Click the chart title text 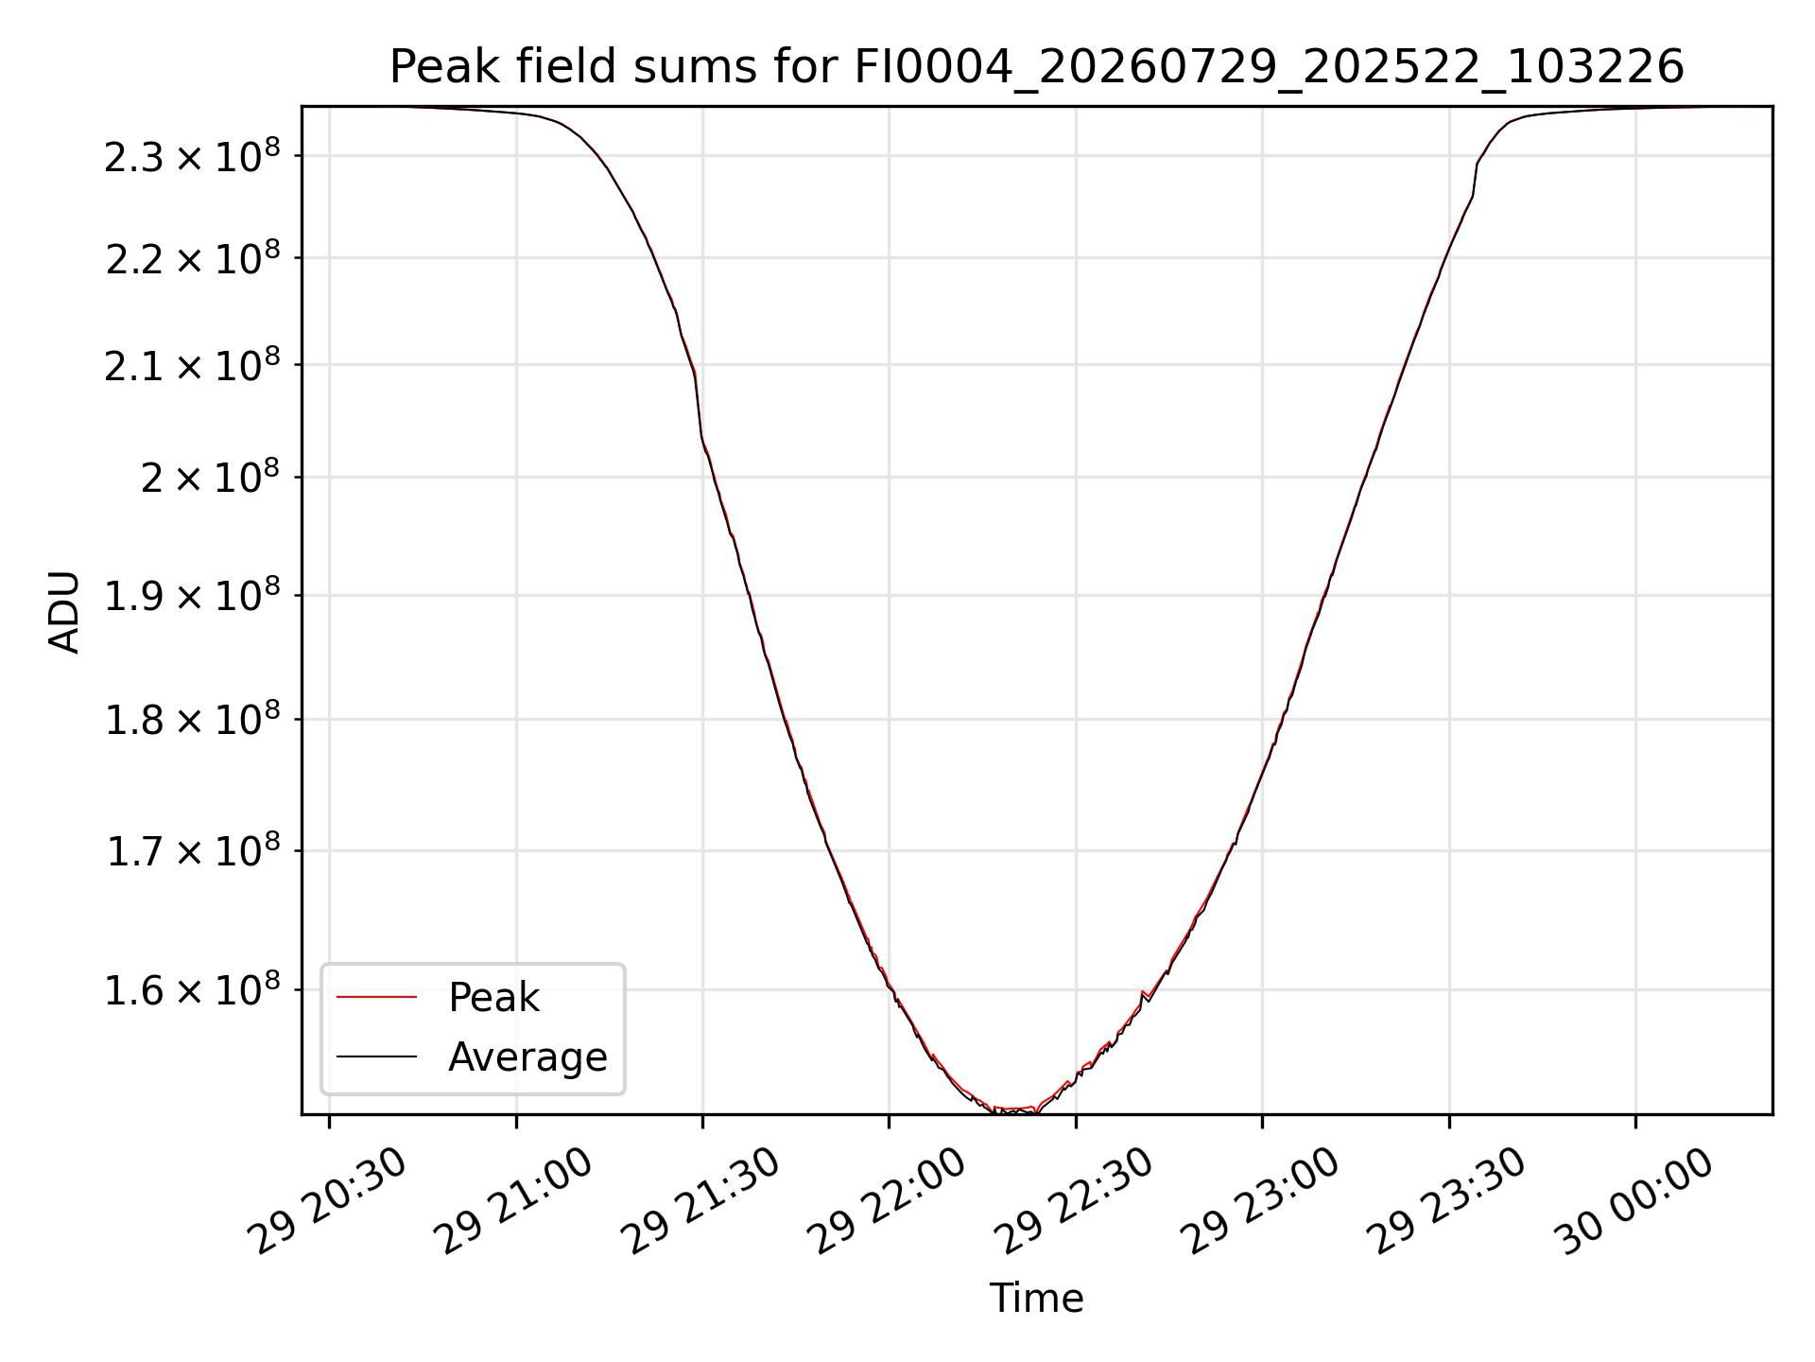[x=1036, y=67]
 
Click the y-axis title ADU [x=64, y=611]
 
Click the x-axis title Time [x=1036, y=1298]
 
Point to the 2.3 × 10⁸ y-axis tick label [x=192, y=156]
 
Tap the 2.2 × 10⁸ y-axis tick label [x=192, y=258]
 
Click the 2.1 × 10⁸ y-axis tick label [x=192, y=365]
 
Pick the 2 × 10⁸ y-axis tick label [x=210, y=478]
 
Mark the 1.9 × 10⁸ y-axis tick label [x=192, y=596]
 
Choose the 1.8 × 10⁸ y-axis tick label [x=192, y=720]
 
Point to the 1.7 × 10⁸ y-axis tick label [x=192, y=851]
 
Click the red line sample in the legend [x=376, y=997]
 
